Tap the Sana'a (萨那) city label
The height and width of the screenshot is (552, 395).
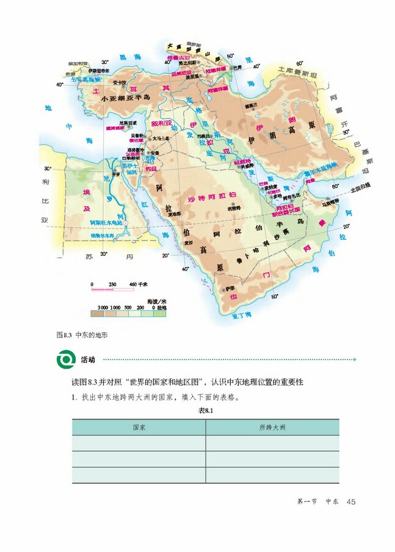(230, 288)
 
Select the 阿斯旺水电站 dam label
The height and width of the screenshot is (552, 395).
(106, 222)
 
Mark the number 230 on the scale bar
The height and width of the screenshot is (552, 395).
(112, 285)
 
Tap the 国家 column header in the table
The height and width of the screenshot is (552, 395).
(139, 427)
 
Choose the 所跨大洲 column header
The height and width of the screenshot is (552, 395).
(272, 427)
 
